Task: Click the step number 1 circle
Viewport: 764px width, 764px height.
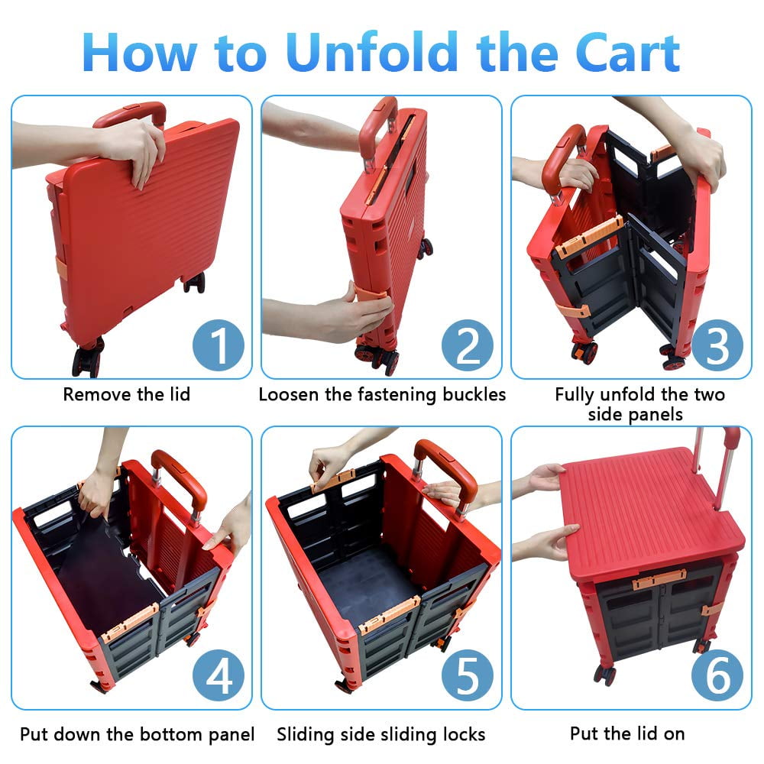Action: (219, 345)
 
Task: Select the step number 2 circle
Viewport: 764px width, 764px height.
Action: (468, 345)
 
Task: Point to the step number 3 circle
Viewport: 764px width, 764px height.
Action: (717, 345)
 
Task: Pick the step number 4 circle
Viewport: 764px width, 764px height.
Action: (219, 676)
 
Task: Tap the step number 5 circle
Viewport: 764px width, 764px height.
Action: (468, 676)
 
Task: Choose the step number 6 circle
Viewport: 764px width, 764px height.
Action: (717, 676)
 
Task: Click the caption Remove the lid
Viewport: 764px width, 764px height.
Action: (127, 394)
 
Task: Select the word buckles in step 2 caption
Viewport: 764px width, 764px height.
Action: (474, 394)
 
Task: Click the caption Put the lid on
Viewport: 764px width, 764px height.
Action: (627, 733)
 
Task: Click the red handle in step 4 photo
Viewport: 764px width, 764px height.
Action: (180, 480)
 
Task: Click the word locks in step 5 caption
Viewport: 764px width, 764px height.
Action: (464, 734)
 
